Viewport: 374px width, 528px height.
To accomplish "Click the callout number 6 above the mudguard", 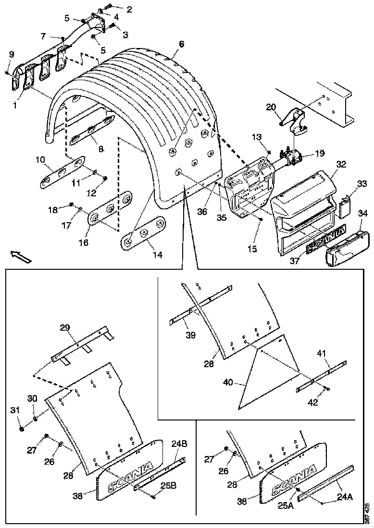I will [x=181, y=44].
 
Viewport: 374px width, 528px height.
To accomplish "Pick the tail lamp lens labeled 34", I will [x=346, y=248].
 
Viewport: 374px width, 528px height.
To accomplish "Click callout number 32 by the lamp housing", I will [x=341, y=164].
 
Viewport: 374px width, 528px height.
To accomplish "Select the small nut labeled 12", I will [x=105, y=179].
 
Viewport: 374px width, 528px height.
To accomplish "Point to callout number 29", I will [x=65, y=328].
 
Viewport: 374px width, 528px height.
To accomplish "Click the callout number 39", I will [x=191, y=335].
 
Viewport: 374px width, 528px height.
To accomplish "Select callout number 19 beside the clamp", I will [x=320, y=154].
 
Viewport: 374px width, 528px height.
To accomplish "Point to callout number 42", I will [x=313, y=403].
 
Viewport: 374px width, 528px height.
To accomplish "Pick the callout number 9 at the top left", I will [x=12, y=54].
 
